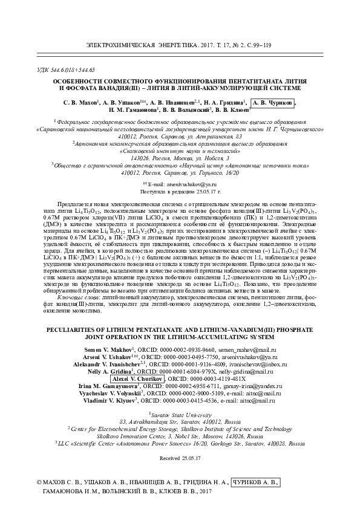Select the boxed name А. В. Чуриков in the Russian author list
click(x=273, y=103)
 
